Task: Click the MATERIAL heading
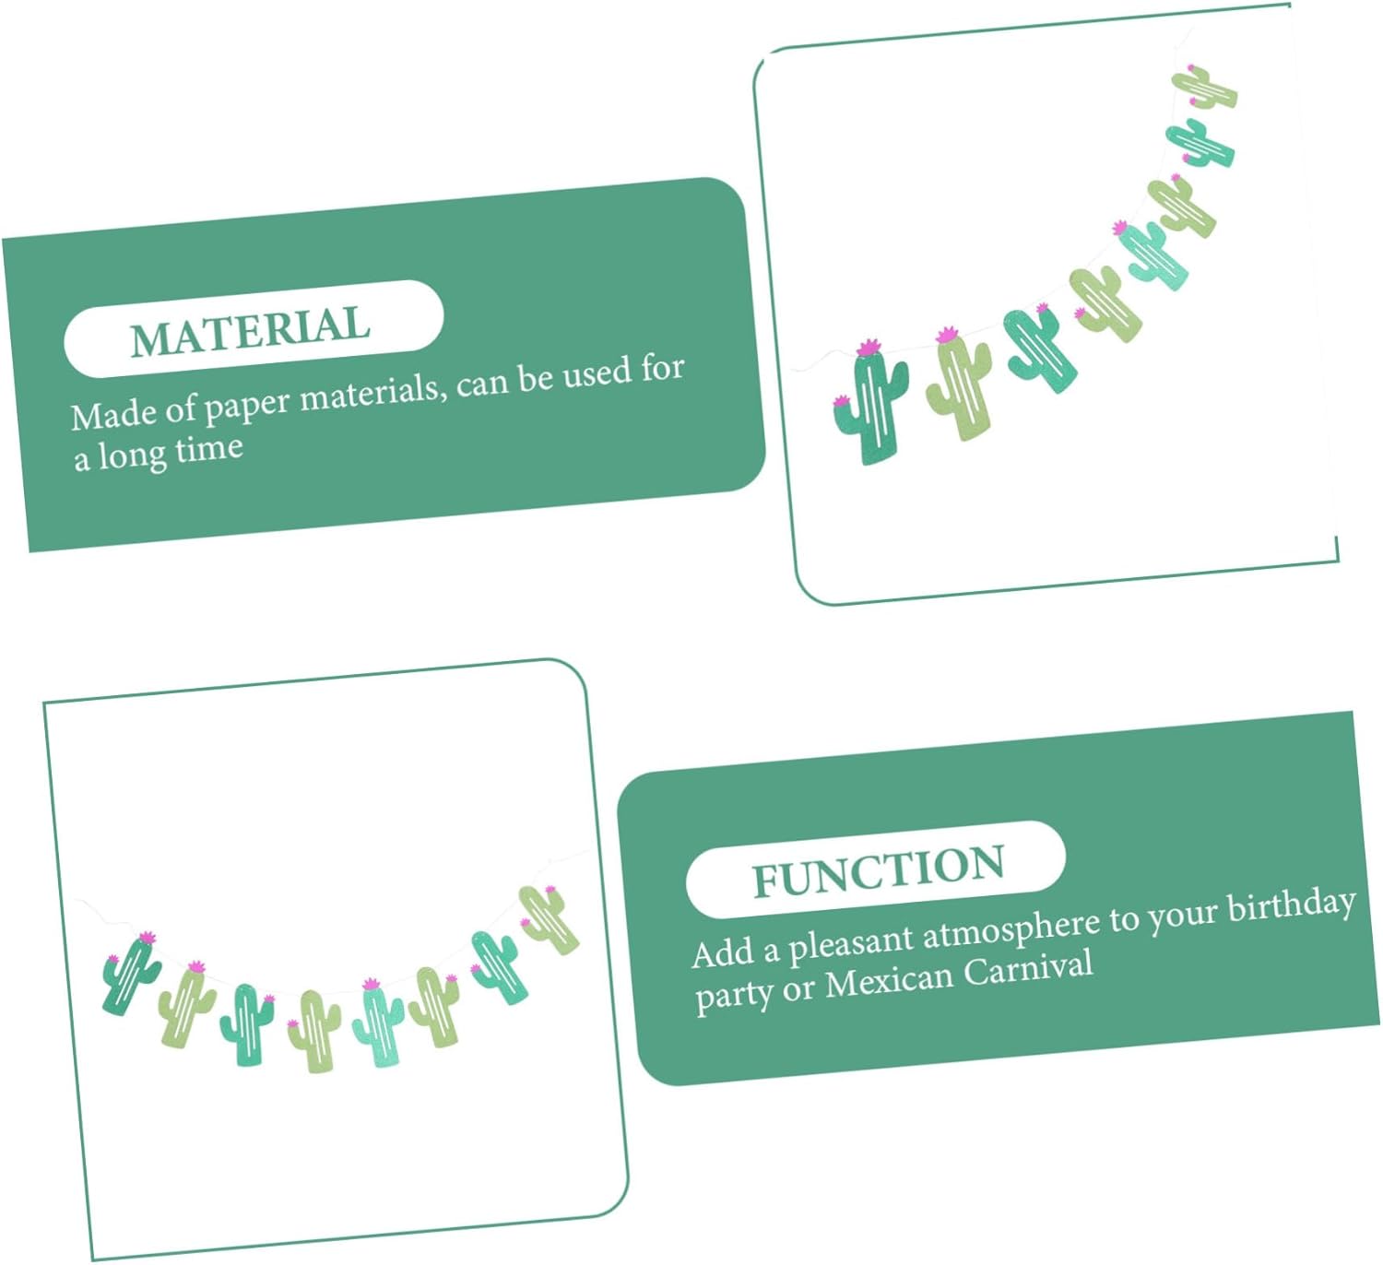251,329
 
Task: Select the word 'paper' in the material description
246,406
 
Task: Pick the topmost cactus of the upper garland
1204,87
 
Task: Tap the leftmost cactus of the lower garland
130,975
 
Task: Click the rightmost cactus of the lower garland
550,918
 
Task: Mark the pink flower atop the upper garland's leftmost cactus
869,349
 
